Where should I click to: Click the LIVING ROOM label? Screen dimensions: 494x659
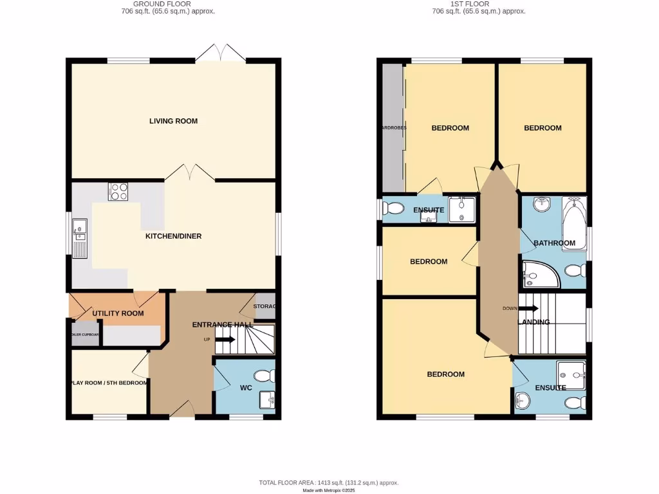point(173,121)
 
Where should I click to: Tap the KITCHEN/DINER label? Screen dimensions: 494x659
point(173,236)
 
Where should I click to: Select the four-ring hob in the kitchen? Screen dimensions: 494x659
point(119,191)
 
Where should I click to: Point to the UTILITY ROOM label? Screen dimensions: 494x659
point(118,313)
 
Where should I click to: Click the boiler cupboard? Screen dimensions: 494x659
point(85,334)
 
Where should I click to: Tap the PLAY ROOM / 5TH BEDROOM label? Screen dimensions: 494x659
point(109,383)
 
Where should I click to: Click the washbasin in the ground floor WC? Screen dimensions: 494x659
point(266,400)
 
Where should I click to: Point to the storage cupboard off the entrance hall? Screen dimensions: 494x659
point(265,306)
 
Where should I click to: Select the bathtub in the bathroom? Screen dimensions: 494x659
point(574,225)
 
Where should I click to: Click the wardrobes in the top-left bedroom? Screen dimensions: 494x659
point(392,127)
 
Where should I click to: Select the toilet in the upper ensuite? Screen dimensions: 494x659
point(392,208)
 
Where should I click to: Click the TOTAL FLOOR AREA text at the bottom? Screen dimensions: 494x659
point(329,482)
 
